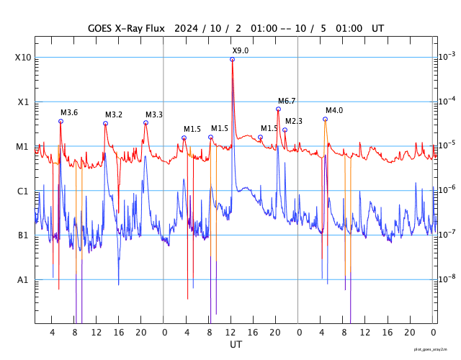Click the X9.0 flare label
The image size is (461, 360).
[x=241, y=50]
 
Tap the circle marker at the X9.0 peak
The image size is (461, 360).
[x=232, y=59]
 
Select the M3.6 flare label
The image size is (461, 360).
[x=69, y=112]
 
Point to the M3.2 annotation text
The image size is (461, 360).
[x=114, y=114]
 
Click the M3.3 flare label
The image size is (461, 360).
[x=154, y=114]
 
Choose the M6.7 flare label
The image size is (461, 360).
[x=287, y=101]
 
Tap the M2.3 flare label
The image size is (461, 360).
[x=294, y=121]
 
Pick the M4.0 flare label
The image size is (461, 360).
[x=334, y=110]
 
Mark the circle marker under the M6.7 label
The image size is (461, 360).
[x=278, y=109]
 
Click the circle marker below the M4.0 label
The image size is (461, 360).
[x=325, y=119]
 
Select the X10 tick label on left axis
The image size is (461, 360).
[x=23, y=58]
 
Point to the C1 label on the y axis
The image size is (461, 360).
[x=23, y=191]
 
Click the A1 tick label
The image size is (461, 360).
[x=23, y=279]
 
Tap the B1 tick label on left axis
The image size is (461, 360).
[x=23, y=235]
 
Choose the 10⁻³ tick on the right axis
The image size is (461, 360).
[x=448, y=56]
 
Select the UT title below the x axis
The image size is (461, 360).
[x=236, y=345]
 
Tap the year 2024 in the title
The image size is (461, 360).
[x=187, y=28]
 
